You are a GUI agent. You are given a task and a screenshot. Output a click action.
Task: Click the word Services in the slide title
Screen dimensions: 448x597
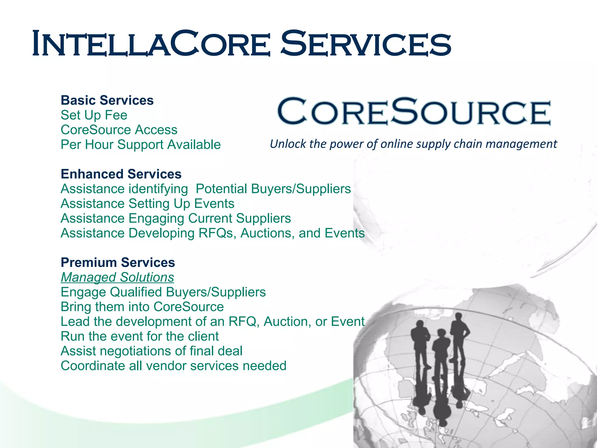pos(366,44)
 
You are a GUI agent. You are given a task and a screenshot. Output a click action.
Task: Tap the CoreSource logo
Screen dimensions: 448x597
pos(414,111)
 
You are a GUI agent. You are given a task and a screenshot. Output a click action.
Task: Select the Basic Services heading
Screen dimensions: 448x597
pos(107,100)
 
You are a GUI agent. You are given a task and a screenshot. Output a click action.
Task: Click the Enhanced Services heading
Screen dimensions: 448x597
pos(121,174)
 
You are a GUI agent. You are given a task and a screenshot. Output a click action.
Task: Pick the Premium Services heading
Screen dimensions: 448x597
pos(118,262)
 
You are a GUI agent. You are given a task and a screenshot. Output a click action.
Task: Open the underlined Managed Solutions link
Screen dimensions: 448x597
pos(117,277)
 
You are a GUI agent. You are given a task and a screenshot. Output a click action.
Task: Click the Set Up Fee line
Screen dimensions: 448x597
pos(94,115)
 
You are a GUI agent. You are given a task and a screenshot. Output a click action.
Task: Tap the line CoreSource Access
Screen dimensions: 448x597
pos(119,130)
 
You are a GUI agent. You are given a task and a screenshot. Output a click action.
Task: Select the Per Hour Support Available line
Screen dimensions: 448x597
pos(141,145)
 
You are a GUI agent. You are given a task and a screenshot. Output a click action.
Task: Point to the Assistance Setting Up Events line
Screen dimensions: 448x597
pos(147,204)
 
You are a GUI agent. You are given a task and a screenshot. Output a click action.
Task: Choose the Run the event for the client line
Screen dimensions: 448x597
pos(140,336)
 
